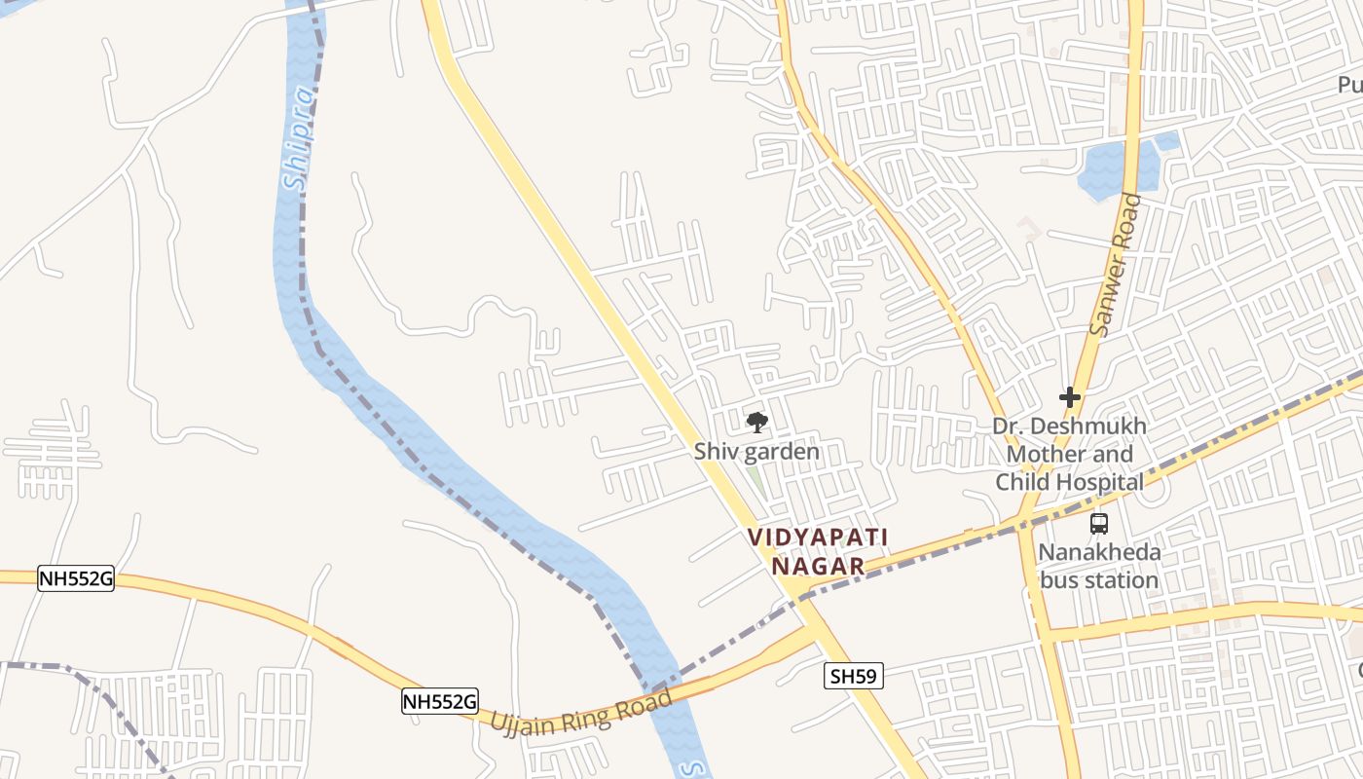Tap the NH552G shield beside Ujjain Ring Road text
click(x=440, y=700)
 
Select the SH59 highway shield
click(x=853, y=676)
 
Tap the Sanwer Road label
click(x=1116, y=264)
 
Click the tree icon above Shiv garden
click(x=756, y=423)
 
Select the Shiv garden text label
click(x=756, y=452)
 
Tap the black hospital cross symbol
click(x=1070, y=397)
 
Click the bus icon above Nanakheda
click(x=1099, y=524)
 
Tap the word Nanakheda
click(x=1099, y=553)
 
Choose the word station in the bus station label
click(x=1125, y=580)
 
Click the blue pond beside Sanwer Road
click(x=1106, y=171)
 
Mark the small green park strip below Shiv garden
click(x=755, y=480)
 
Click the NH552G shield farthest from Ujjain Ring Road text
click(x=76, y=579)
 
